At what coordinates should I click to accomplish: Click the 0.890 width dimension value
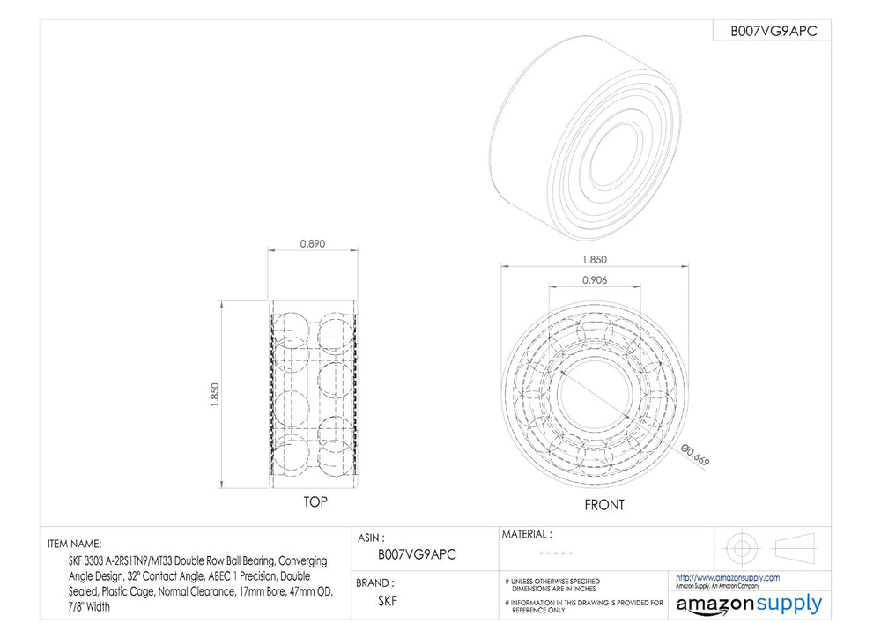313,244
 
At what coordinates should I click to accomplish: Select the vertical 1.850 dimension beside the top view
215,395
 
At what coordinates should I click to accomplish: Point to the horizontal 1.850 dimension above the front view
595,260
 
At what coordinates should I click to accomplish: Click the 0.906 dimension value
595,279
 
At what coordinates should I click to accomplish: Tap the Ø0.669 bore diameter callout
696,455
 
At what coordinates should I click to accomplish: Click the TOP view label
315,501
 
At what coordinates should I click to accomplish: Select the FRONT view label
604,505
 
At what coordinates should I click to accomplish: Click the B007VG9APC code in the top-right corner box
774,32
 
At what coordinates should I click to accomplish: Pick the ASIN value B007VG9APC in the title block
417,554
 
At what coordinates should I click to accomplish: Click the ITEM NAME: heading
75,544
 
